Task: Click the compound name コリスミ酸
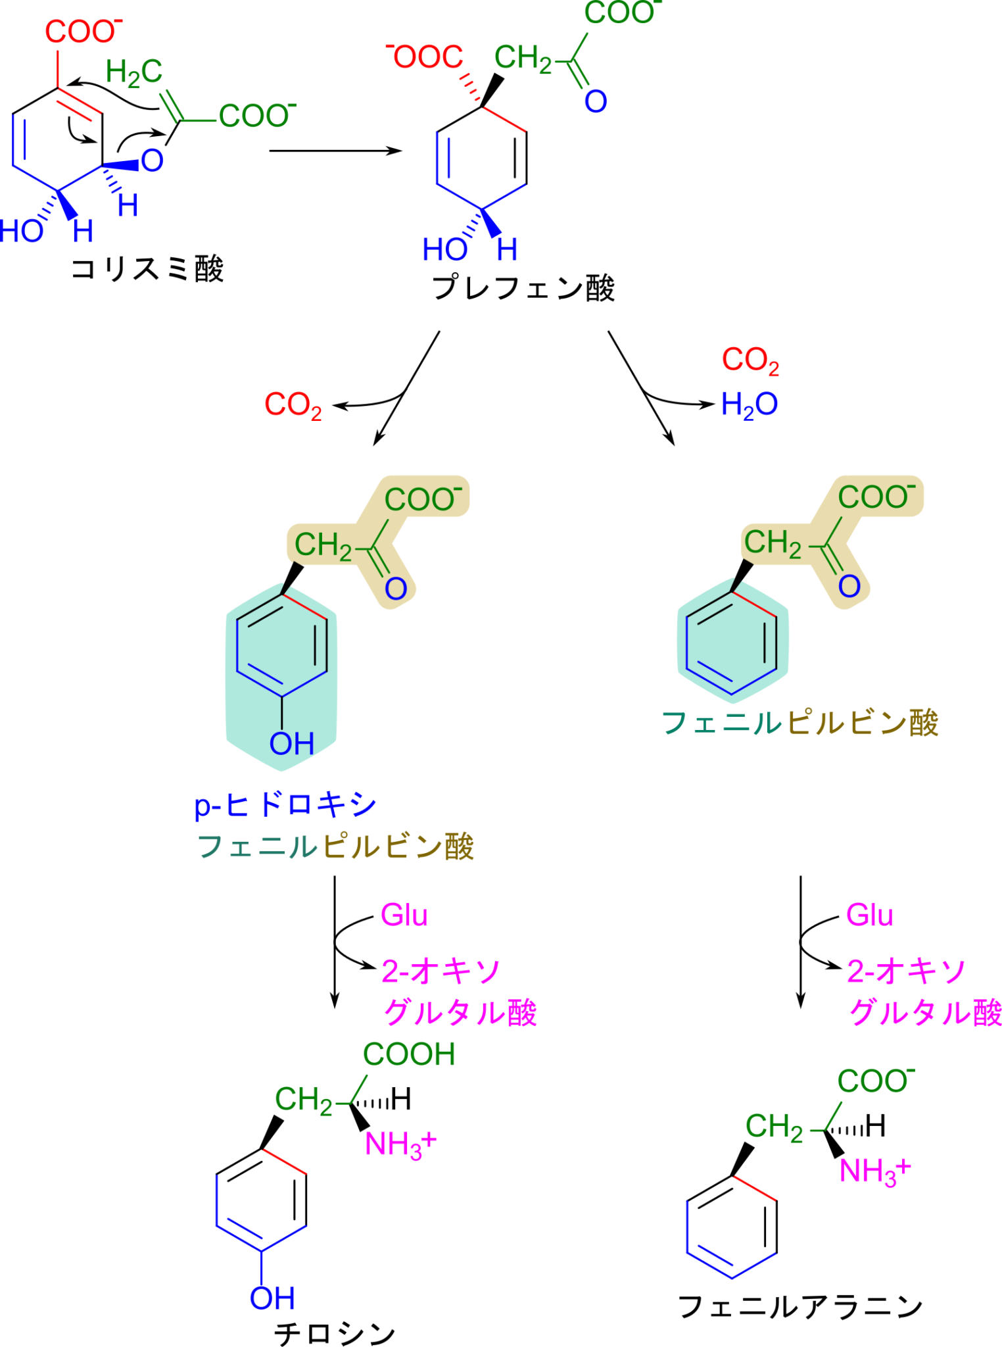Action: pyautogui.click(x=147, y=269)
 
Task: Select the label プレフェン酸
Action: pyautogui.click(x=523, y=288)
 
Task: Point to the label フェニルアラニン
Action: pyautogui.click(x=800, y=1306)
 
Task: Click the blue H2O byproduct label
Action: pyautogui.click(x=749, y=404)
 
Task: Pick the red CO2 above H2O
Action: pyautogui.click(x=750, y=360)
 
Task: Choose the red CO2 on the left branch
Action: pyautogui.click(x=293, y=405)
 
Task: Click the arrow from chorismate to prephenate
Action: pyautogui.click(x=335, y=151)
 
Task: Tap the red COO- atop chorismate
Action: pyautogui.click(x=83, y=31)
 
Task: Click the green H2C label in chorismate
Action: pyautogui.click(x=133, y=72)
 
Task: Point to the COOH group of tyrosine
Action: pyautogui.click(x=409, y=1054)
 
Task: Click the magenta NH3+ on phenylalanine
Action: pyautogui.click(x=875, y=1171)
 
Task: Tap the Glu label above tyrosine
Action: pyautogui.click(x=404, y=915)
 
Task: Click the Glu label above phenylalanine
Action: pyautogui.click(x=870, y=915)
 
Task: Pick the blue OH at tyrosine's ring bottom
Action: pyautogui.click(x=272, y=1298)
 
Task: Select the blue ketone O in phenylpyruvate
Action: pyautogui.click(x=849, y=586)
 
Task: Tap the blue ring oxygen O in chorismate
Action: pyautogui.click(x=152, y=160)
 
